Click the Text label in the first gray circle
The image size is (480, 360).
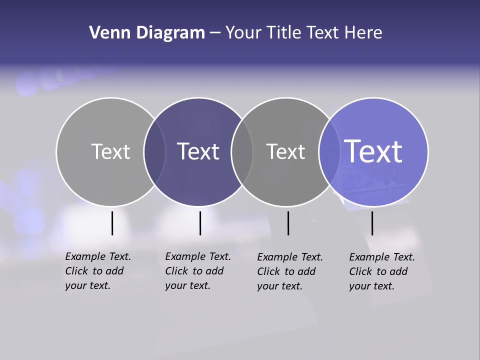[x=110, y=151]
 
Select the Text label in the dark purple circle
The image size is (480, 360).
[x=198, y=151]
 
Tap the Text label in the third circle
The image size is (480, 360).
[x=285, y=151]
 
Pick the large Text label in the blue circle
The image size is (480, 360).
[x=373, y=151]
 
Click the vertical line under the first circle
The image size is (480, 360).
[x=112, y=223]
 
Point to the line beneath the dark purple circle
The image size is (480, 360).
[x=200, y=223]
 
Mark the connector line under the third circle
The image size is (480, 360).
[x=288, y=223]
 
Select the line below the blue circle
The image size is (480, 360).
[x=372, y=223]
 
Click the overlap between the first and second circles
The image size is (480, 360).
[x=154, y=152]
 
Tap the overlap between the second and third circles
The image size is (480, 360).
[x=242, y=152]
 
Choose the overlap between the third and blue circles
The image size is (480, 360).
[x=329, y=152]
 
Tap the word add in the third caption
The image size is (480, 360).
[x=306, y=271]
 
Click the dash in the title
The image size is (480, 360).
[x=215, y=33]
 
